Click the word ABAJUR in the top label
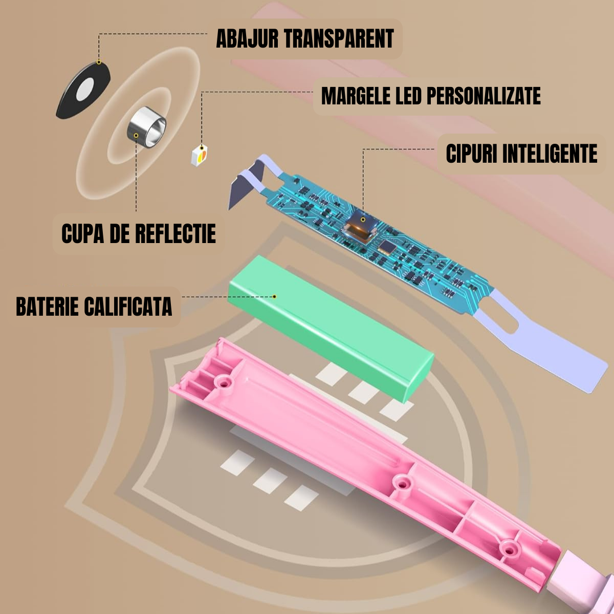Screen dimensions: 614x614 tap(247, 39)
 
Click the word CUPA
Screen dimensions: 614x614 tap(81, 233)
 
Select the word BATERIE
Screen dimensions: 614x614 tap(47, 306)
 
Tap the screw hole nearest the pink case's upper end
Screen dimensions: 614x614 tap(224, 382)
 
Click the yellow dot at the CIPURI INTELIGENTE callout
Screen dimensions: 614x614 tap(363, 220)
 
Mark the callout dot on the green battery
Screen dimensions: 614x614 tap(274, 296)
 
